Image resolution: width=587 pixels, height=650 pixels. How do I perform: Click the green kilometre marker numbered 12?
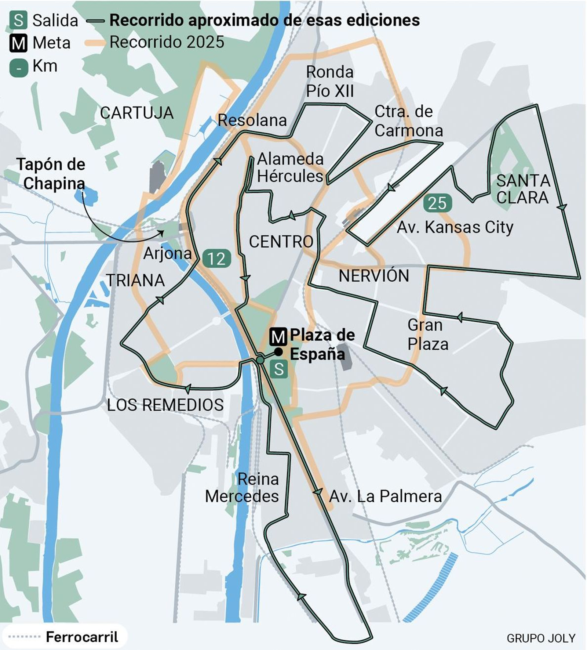(x=217, y=259)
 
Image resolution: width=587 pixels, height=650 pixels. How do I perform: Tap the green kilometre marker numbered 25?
(x=437, y=203)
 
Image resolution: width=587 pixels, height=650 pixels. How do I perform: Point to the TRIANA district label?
(x=136, y=280)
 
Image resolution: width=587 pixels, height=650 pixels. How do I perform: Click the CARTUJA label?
(x=136, y=113)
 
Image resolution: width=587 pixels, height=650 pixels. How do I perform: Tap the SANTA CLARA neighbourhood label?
(x=523, y=189)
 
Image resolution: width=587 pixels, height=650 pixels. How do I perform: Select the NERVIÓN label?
(x=373, y=276)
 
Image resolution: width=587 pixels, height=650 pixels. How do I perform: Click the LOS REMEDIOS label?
(x=165, y=405)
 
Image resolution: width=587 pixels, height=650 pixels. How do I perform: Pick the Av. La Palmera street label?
(x=385, y=496)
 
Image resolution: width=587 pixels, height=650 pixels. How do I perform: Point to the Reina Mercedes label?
(x=242, y=488)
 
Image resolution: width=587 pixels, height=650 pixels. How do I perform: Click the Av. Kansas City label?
(x=455, y=227)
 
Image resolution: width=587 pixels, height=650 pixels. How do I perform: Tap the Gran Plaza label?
(x=428, y=335)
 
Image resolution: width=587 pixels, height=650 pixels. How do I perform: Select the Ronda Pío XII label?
(x=329, y=82)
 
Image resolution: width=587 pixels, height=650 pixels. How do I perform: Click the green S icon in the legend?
(x=18, y=20)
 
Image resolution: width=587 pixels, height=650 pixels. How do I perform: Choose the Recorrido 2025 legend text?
(x=167, y=42)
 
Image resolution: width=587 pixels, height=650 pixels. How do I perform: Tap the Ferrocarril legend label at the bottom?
(x=82, y=637)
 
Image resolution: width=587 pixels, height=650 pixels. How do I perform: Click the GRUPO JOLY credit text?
(x=541, y=638)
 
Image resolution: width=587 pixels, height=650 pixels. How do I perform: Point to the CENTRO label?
(x=281, y=242)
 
